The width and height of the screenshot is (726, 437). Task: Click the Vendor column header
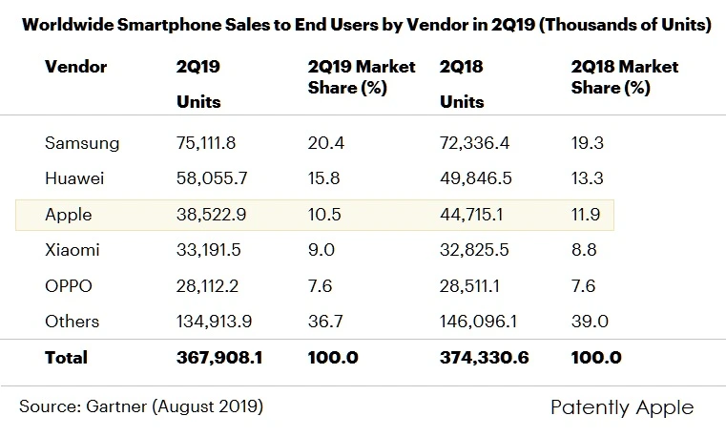point(76,67)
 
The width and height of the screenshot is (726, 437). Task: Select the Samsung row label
point(82,143)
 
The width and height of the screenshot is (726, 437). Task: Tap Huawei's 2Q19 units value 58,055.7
point(212,178)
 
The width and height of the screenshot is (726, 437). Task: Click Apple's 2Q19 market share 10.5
point(326,215)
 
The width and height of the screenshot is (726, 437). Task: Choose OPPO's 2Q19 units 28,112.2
point(211,286)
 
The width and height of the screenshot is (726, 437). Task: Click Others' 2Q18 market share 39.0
point(589,322)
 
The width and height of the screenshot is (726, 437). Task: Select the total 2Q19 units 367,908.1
point(219,358)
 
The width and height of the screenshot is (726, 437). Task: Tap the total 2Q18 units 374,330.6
point(485,358)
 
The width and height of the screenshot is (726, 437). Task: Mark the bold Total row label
point(66,358)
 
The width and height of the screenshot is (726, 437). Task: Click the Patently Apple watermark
point(622,407)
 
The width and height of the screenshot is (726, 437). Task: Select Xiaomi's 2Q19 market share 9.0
point(322,250)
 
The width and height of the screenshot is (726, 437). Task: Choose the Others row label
point(73,322)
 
